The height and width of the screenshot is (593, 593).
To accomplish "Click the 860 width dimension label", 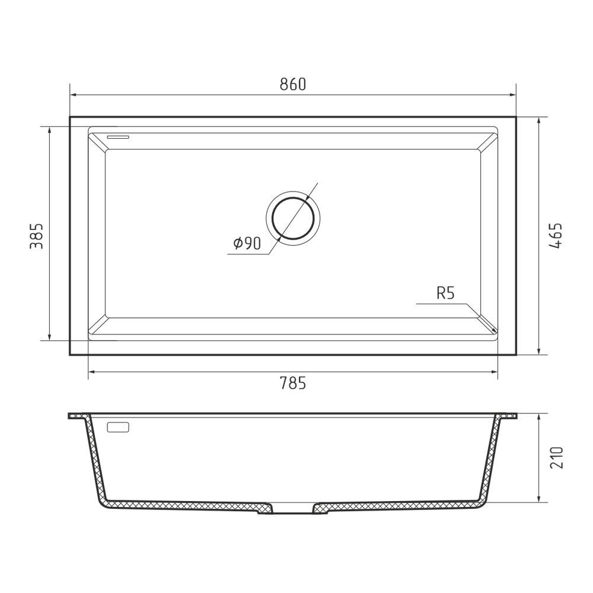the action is pos(293,84).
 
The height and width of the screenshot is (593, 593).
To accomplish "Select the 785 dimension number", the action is pos(293,384).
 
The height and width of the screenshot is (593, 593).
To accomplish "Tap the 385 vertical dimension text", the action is pos(37,237).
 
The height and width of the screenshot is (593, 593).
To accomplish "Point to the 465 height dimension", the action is pos(556,235).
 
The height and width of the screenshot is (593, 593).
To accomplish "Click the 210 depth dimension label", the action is pos(556,458).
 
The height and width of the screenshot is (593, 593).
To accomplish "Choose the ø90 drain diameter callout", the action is pos(247,244).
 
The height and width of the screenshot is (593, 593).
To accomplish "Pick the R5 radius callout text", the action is pos(445,293).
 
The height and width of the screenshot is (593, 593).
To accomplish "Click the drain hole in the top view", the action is pos(293,219).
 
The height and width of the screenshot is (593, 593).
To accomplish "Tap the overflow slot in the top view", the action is pos(118,136).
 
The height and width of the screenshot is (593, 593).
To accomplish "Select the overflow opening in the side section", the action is pos(119,428).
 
